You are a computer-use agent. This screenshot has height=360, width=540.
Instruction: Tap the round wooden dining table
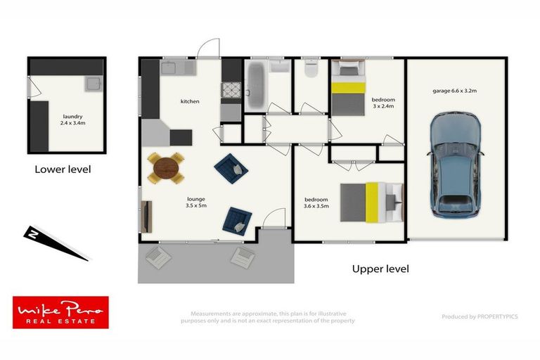click(166, 168)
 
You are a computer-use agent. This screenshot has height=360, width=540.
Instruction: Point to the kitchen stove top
click(232, 91)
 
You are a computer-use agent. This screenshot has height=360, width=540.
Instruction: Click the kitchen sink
click(170, 67)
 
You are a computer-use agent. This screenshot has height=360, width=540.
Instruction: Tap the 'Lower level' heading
click(63, 169)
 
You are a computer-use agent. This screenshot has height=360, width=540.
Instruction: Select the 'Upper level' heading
click(380, 269)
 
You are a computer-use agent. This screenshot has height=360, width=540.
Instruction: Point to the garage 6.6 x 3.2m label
click(455, 90)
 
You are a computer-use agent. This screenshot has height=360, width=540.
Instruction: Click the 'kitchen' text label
click(190, 102)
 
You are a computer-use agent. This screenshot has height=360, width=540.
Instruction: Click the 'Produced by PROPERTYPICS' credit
click(480, 316)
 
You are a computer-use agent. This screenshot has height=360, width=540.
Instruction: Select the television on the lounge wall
click(147, 216)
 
